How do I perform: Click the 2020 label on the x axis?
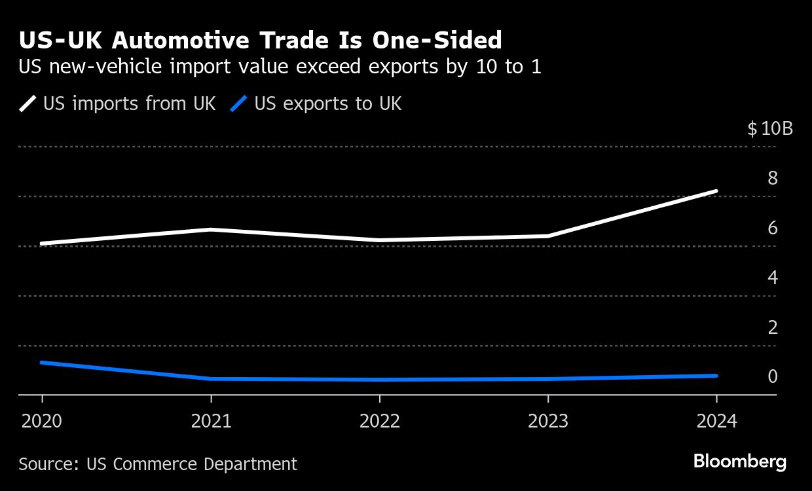click(x=42, y=420)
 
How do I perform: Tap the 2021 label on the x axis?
click(x=211, y=420)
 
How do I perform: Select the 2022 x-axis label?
click(x=380, y=420)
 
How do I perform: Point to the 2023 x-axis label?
click(x=548, y=420)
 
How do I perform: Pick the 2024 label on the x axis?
click(x=716, y=420)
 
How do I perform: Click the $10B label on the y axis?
click(x=770, y=128)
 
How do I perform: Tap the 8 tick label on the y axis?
click(x=773, y=178)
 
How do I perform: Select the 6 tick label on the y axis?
click(x=773, y=228)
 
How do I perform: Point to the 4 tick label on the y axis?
click(x=773, y=278)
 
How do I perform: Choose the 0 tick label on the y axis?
click(x=773, y=376)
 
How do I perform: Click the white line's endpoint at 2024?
click(x=716, y=191)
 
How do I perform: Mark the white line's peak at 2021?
click(x=211, y=230)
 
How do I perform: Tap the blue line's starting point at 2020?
click(x=43, y=362)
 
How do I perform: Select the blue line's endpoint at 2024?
click(x=716, y=376)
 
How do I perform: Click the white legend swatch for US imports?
click(x=29, y=103)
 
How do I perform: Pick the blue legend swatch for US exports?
click(x=240, y=103)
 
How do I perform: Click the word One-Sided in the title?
click(x=437, y=41)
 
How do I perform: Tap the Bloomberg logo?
click(x=740, y=462)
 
